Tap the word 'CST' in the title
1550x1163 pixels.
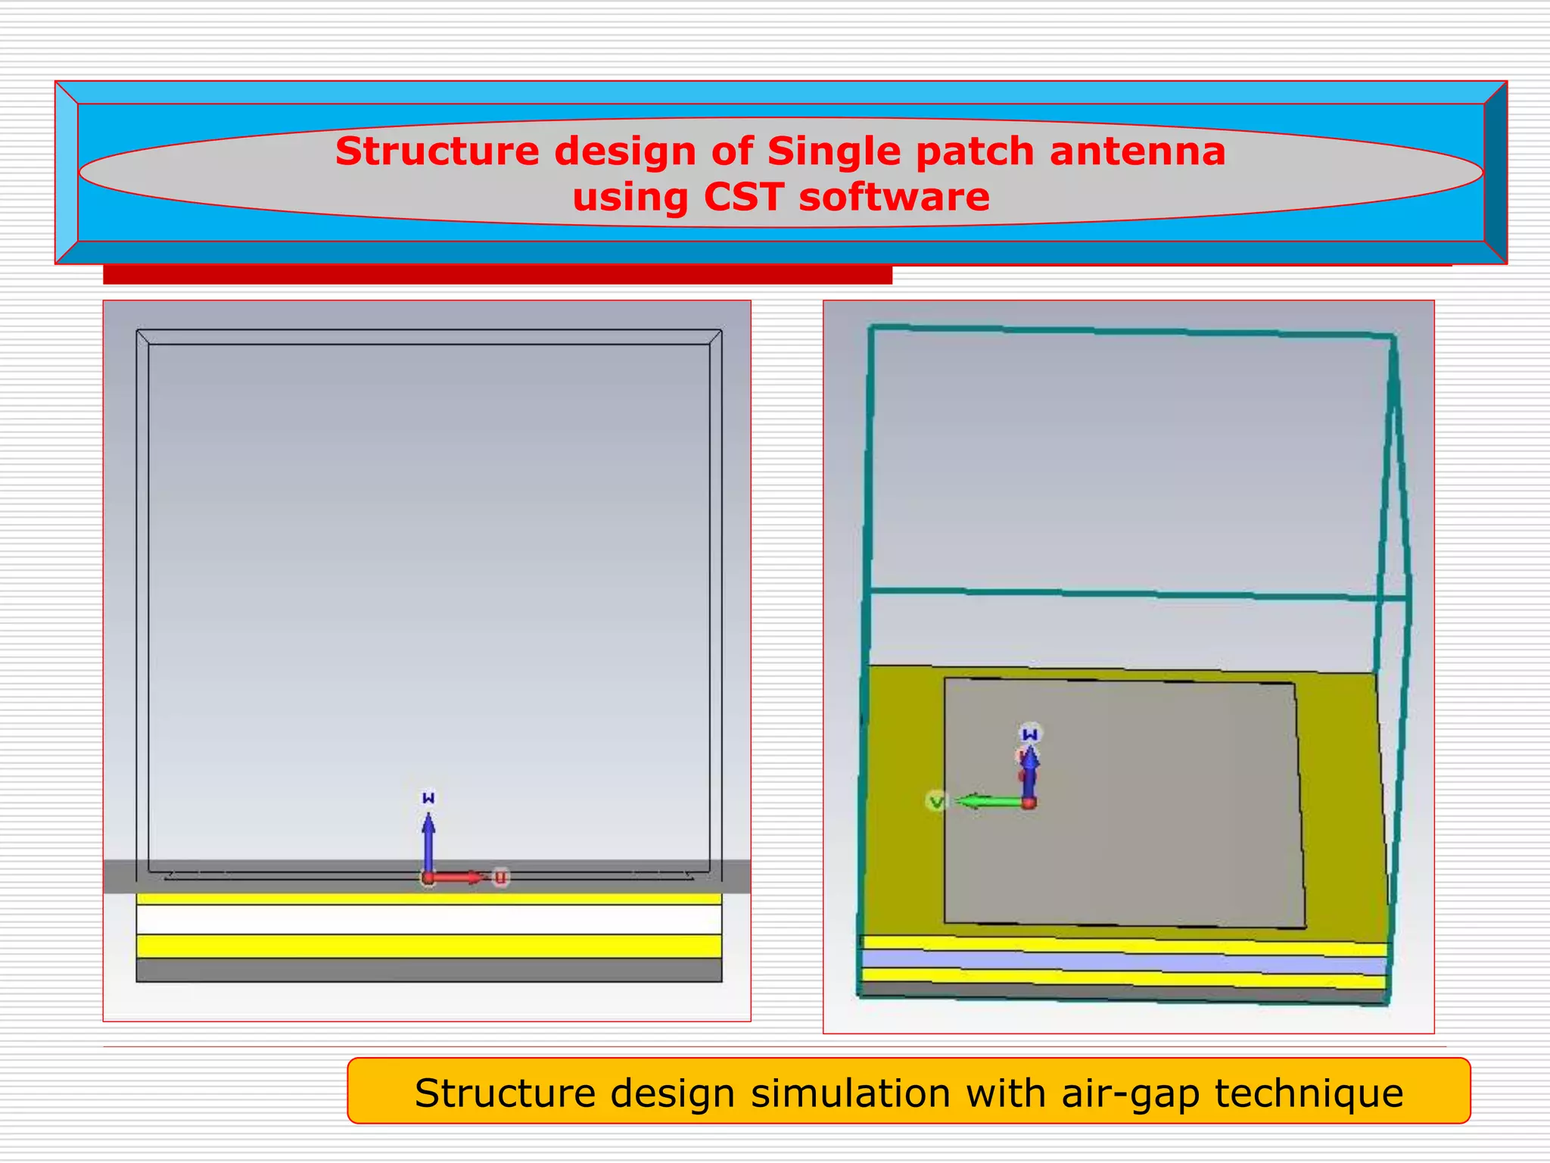(x=743, y=198)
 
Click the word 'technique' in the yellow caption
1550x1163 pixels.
(x=1309, y=1093)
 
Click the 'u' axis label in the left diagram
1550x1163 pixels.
(x=500, y=878)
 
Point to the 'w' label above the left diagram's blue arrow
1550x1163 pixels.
(x=428, y=798)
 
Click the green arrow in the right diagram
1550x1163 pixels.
(x=988, y=801)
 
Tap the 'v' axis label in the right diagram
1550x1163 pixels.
(x=936, y=801)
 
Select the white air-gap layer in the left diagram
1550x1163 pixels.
(x=428, y=920)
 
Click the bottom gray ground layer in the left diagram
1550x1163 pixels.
(x=428, y=970)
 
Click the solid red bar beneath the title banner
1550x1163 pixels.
(x=497, y=275)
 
